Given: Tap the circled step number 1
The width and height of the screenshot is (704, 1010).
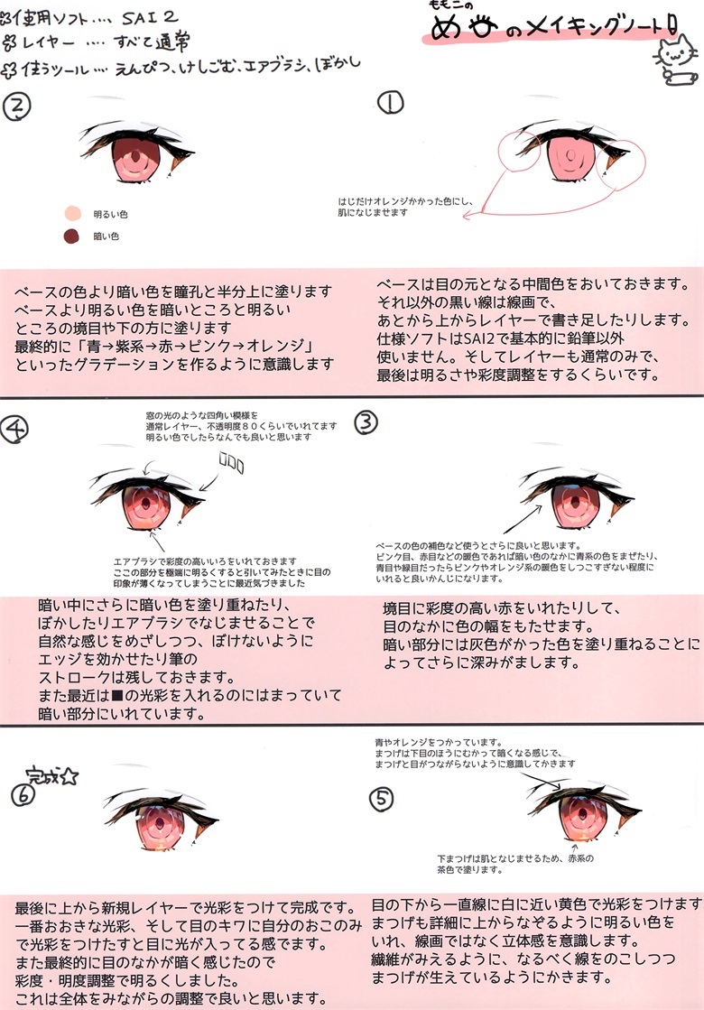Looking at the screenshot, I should click(391, 105).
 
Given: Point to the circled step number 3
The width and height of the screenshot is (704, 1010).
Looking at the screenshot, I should click(366, 421).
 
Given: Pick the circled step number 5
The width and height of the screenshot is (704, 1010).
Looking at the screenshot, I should click(383, 798).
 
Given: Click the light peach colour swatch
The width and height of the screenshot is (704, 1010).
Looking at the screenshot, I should click(71, 214).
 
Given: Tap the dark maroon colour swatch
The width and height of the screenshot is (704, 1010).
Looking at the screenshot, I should click(71, 236).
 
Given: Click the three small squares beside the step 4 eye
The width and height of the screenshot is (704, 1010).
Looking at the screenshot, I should click(232, 465).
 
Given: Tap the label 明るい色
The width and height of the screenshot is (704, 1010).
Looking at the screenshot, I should click(111, 215).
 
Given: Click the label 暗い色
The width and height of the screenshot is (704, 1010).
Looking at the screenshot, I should click(107, 236).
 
